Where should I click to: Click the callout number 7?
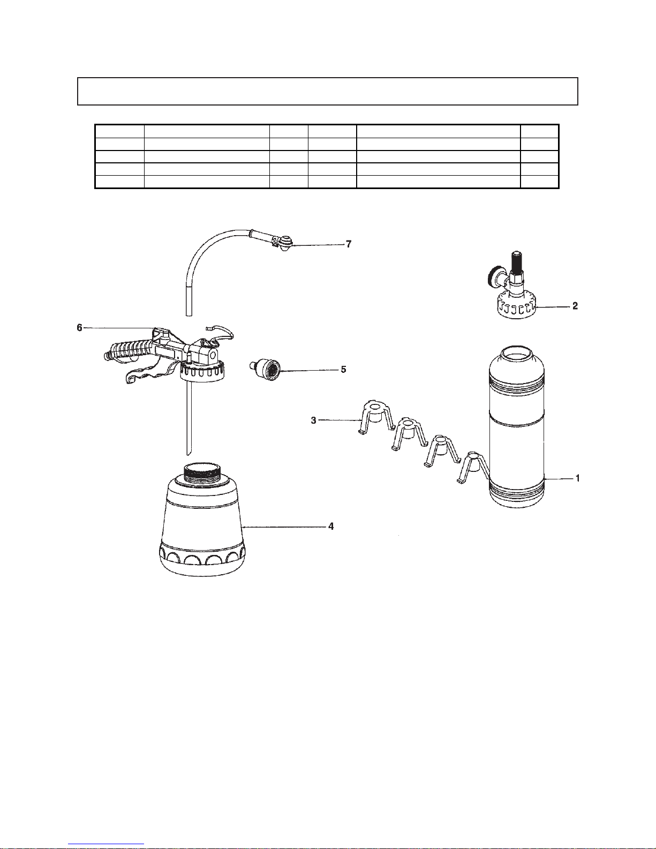tap(349, 244)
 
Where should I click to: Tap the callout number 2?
tap(575, 306)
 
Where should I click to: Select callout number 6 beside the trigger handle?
tap(80, 328)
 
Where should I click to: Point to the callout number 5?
tap(343, 369)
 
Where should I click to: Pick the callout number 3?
tap(313, 421)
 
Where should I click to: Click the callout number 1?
tap(577, 478)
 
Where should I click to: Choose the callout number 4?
tap(331, 527)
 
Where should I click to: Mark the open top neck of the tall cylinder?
tap(516, 353)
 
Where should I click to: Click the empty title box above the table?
tap(327, 92)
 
